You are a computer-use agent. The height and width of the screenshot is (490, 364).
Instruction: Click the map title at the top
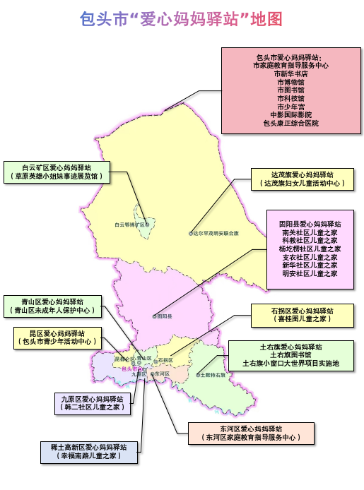click(182, 17)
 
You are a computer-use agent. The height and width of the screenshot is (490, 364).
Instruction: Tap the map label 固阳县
click(164, 316)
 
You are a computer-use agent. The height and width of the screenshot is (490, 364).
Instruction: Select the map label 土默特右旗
click(212, 375)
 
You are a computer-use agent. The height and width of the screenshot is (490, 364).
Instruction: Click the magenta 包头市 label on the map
click(131, 369)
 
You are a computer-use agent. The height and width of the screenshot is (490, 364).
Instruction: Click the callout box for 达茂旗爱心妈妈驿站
click(302, 179)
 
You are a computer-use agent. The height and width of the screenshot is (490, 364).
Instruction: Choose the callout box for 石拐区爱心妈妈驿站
click(302, 314)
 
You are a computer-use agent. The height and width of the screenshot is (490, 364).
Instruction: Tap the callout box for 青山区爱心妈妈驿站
click(52, 305)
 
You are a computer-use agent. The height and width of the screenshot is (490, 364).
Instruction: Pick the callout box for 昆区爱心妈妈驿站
click(57, 337)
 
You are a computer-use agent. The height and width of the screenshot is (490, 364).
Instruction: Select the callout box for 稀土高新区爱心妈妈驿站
click(88, 452)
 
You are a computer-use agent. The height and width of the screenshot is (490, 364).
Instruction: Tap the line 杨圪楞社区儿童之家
click(310, 249)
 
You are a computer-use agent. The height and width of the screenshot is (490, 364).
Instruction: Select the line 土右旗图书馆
click(290, 355)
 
